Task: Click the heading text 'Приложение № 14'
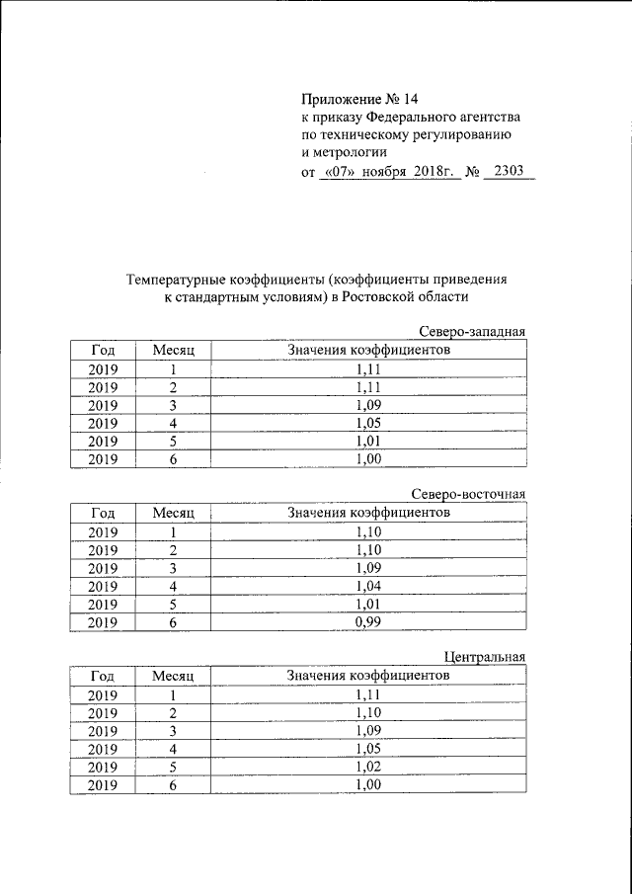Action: coord(359,99)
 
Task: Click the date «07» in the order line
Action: coord(339,172)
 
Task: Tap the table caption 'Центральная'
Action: coord(485,657)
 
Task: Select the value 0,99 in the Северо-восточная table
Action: coord(367,622)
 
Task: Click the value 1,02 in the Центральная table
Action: coord(367,767)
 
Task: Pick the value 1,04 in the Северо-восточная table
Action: coord(367,586)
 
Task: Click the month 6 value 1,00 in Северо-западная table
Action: coord(367,459)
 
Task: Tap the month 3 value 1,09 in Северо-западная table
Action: coord(367,405)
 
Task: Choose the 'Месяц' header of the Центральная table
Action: coord(174,676)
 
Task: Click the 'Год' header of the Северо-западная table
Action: coord(103,351)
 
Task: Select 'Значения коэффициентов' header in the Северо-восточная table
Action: coord(368,513)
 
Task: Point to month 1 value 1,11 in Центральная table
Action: coord(367,694)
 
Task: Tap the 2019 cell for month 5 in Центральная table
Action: coord(103,767)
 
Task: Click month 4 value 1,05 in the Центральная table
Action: coord(367,749)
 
